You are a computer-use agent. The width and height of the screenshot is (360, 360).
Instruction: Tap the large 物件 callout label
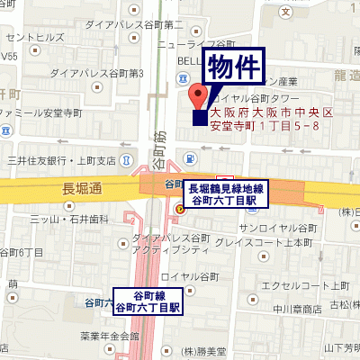236,67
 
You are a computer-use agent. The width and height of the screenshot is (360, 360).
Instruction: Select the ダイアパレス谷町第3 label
97,73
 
